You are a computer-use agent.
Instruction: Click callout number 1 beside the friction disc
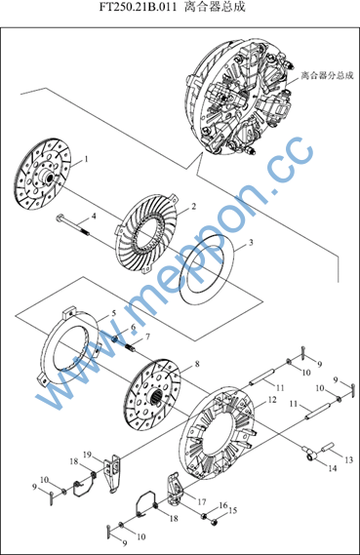85,159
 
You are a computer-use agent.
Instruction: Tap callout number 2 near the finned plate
193,206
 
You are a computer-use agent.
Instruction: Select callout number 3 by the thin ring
251,243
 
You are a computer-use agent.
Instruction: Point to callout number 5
113,313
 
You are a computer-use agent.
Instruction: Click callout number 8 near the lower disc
197,364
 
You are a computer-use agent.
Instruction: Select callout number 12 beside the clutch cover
272,400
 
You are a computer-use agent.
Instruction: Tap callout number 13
349,459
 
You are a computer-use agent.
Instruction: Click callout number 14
333,468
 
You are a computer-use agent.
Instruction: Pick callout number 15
232,510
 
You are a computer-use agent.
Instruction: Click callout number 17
202,501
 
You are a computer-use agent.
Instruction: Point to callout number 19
87,455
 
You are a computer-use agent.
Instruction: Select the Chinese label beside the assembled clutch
327,75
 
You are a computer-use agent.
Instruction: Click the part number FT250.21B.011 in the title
138,7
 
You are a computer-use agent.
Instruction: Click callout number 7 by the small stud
147,337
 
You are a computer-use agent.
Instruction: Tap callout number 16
223,505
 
